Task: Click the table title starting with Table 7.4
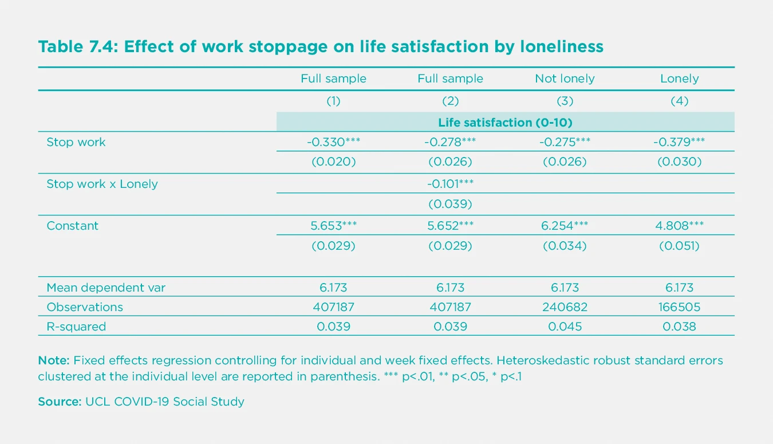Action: (x=321, y=46)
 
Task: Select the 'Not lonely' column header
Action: (x=565, y=78)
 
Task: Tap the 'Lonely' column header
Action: (x=679, y=78)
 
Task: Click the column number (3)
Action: (x=565, y=101)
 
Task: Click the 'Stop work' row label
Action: (x=76, y=142)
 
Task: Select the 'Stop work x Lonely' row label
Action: (x=102, y=184)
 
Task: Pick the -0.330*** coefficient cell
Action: (x=333, y=142)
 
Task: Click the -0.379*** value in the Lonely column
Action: (x=679, y=142)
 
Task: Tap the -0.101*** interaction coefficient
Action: (x=450, y=184)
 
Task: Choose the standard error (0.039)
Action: (x=450, y=204)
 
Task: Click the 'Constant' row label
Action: (x=72, y=226)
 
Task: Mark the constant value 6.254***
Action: (x=565, y=226)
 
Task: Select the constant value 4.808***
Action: (x=679, y=226)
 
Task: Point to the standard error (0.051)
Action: (x=679, y=246)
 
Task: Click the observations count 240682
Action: (x=565, y=307)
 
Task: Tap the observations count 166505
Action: (x=679, y=307)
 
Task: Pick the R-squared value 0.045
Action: (x=565, y=327)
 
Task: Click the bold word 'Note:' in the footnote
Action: (x=54, y=361)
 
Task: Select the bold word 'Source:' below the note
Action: (x=60, y=402)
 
